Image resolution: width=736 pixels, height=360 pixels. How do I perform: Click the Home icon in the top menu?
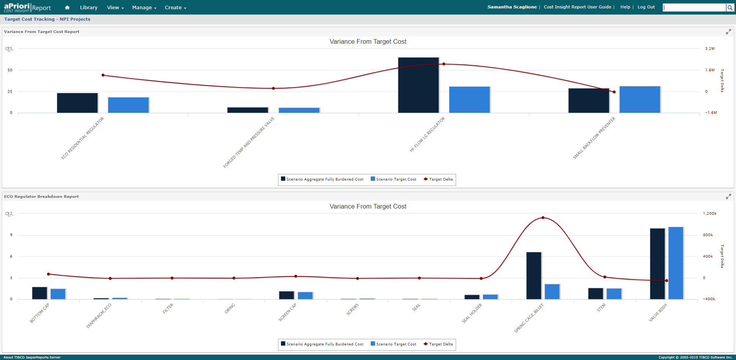[67, 8]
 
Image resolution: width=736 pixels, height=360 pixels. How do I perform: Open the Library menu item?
[89, 8]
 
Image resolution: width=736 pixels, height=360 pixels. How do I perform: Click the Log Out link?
[646, 7]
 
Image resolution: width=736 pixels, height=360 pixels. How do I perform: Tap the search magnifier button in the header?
[730, 8]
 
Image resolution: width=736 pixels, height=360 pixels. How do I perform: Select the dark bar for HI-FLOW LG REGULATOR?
[418, 85]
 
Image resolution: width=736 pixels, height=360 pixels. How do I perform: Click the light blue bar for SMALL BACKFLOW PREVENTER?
[639, 100]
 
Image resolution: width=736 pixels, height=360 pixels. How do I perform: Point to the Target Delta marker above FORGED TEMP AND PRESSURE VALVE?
[273, 89]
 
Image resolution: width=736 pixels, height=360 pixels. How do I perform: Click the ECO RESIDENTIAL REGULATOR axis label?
[83, 138]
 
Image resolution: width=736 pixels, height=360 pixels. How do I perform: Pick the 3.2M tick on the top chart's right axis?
[710, 49]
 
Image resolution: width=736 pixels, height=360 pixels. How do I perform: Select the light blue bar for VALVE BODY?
[675, 263]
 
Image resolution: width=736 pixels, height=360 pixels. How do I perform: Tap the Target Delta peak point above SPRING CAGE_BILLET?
[543, 218]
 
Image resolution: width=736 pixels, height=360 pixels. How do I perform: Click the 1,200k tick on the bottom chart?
[710, 214]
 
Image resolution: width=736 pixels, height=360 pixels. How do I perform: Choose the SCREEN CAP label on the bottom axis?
[287, 312]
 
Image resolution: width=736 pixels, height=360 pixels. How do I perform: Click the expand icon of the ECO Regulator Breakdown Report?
[728, 197]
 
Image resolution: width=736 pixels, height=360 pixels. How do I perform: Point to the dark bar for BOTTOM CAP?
[39, 293]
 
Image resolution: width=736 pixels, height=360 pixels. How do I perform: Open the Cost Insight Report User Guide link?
[577, 7]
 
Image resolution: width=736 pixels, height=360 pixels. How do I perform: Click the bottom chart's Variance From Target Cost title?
[368, 207]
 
